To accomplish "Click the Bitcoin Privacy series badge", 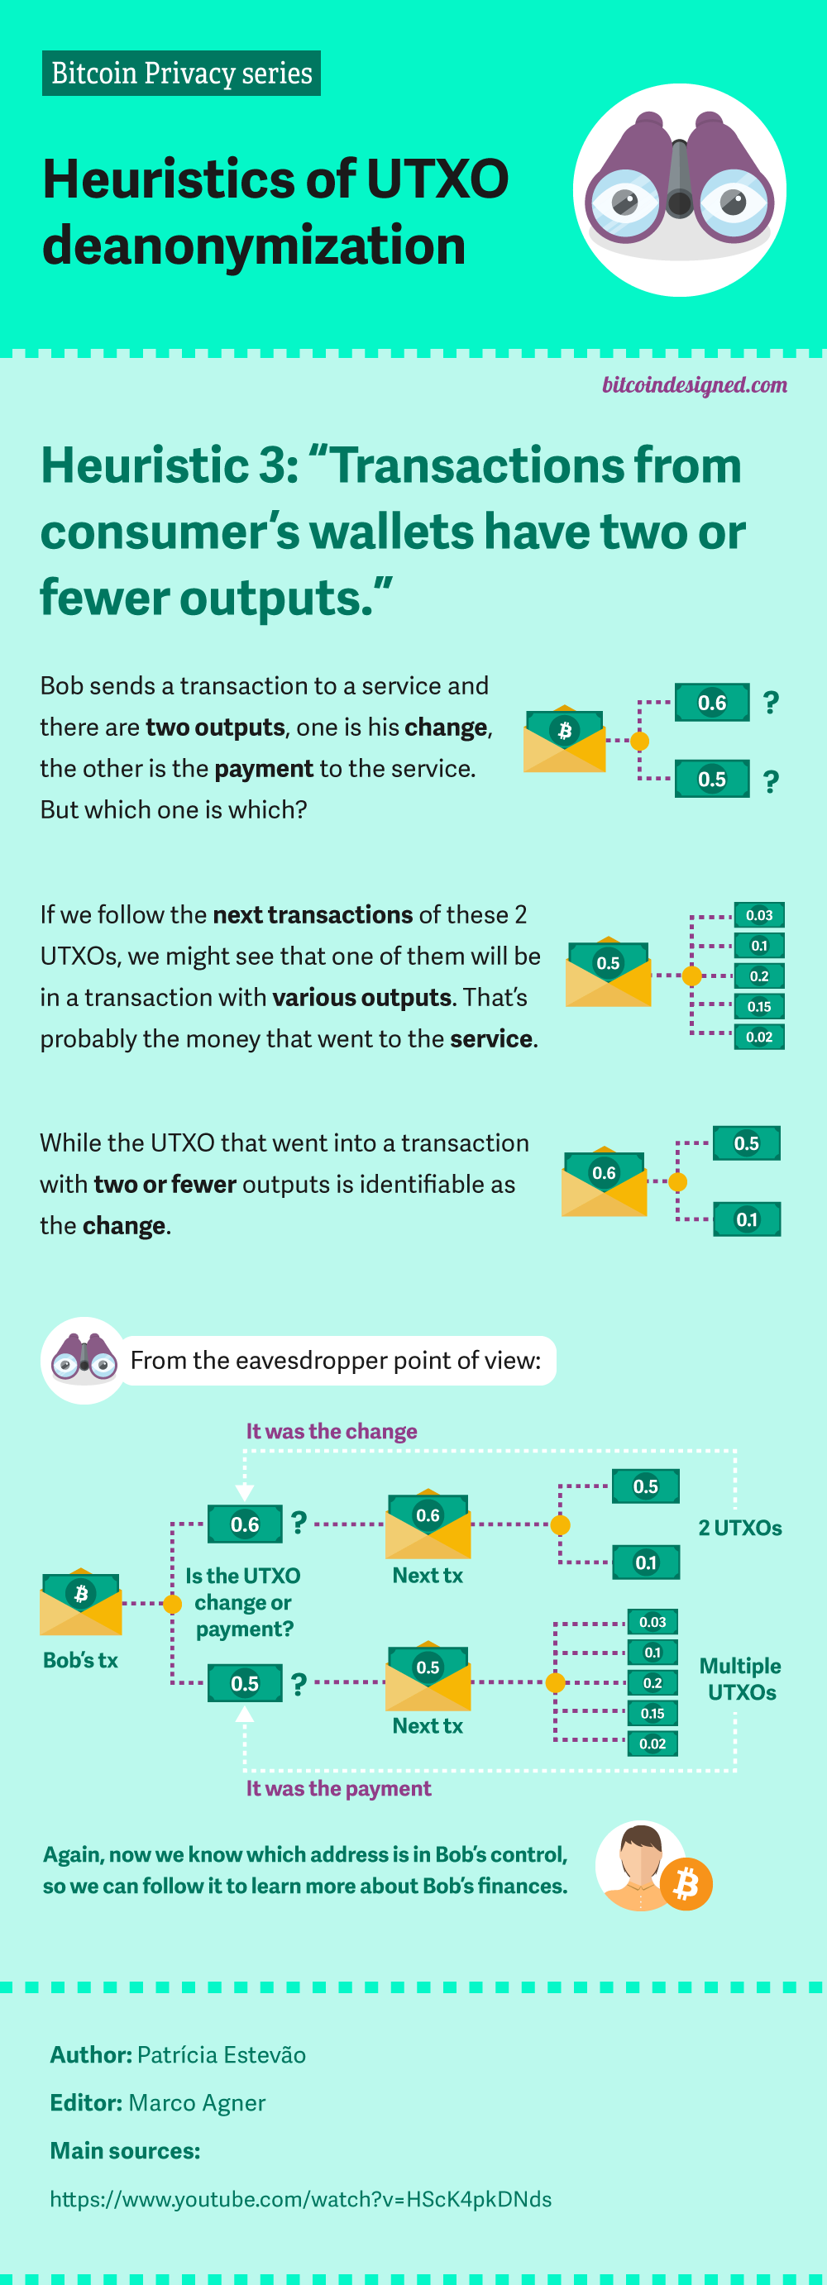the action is pyautogui.click(x=181, y=74).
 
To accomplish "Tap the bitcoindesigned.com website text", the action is pyautogui.click(x=694, y=385).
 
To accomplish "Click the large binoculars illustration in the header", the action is pyautogui.click(x=679, y=189).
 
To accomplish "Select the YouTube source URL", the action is pyautogui.click(x=300, y=2199).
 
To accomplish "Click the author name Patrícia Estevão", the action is pyautogui.click(x=221, y=2055).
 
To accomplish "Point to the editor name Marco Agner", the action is pyautogui.click(x=196, y=2103).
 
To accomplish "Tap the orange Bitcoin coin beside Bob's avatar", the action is pyautogui.click(x=686, y=1883).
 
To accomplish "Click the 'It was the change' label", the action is pyautogui.click(x=331, y=1431).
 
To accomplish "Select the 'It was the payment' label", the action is pyautogui.click(x=338, y=1788).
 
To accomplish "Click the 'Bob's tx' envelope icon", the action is pyautogui.click(x=81, y=1603).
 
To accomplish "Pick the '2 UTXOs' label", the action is pyautogui.click(x=740, y=1528).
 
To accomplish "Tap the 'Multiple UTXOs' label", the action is pyautogui.click(x=740, y=1679).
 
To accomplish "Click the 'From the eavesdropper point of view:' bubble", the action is pyautogui.click(x=336, y=1361).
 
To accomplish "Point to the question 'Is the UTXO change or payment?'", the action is pyautogui.click(x=243, y=1602).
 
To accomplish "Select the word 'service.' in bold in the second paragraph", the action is pyautogui.click(x=494, y=1038).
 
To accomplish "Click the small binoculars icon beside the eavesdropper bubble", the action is pyautogui.click(x=84, y=1359).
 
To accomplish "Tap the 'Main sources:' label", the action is pyautogui.click(x=125, y=2151).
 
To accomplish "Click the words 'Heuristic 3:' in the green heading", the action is pyautogui.click(x=170, y=465).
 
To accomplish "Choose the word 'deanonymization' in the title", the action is pyautogui.click(x=254, y=246).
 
